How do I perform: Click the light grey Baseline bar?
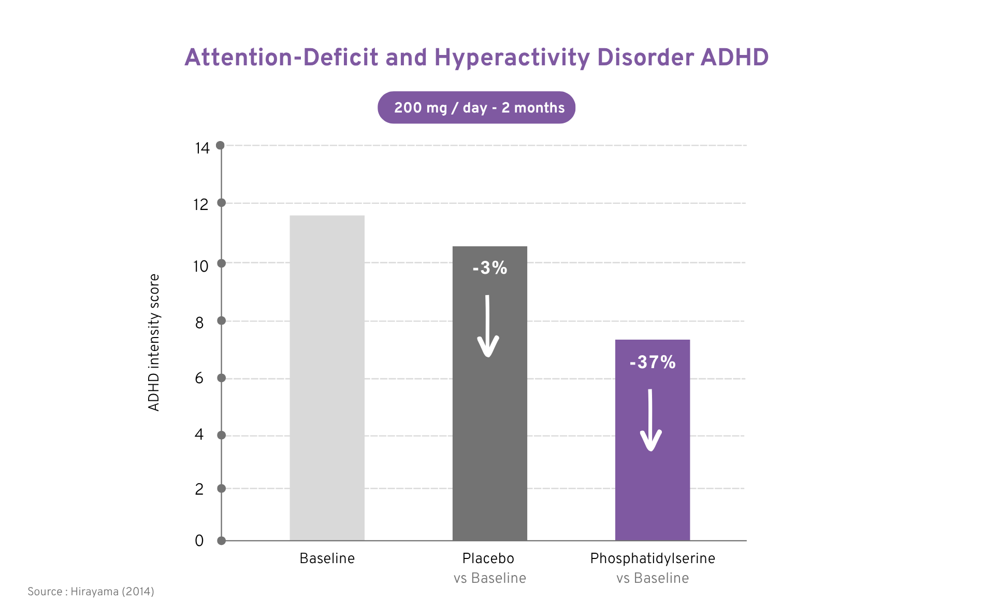327,378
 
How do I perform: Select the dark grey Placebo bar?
489,394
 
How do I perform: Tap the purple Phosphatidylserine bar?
652,440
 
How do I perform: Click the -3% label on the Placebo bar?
489,268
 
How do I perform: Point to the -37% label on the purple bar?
653,362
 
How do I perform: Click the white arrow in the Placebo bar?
487,326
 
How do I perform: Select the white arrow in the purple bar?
650,420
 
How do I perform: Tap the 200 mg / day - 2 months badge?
476,107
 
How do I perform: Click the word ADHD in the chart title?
734,57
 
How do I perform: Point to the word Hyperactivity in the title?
512,58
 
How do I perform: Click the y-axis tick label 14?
202,148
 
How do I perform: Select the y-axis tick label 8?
199,323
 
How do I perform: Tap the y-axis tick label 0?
199,541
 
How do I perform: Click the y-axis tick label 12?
201,205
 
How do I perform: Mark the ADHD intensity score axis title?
154,343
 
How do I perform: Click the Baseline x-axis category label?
327,558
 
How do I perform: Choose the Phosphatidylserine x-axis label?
653,559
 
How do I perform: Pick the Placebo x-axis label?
488,558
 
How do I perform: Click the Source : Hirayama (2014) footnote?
91,592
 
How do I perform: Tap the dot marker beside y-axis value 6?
221,378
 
